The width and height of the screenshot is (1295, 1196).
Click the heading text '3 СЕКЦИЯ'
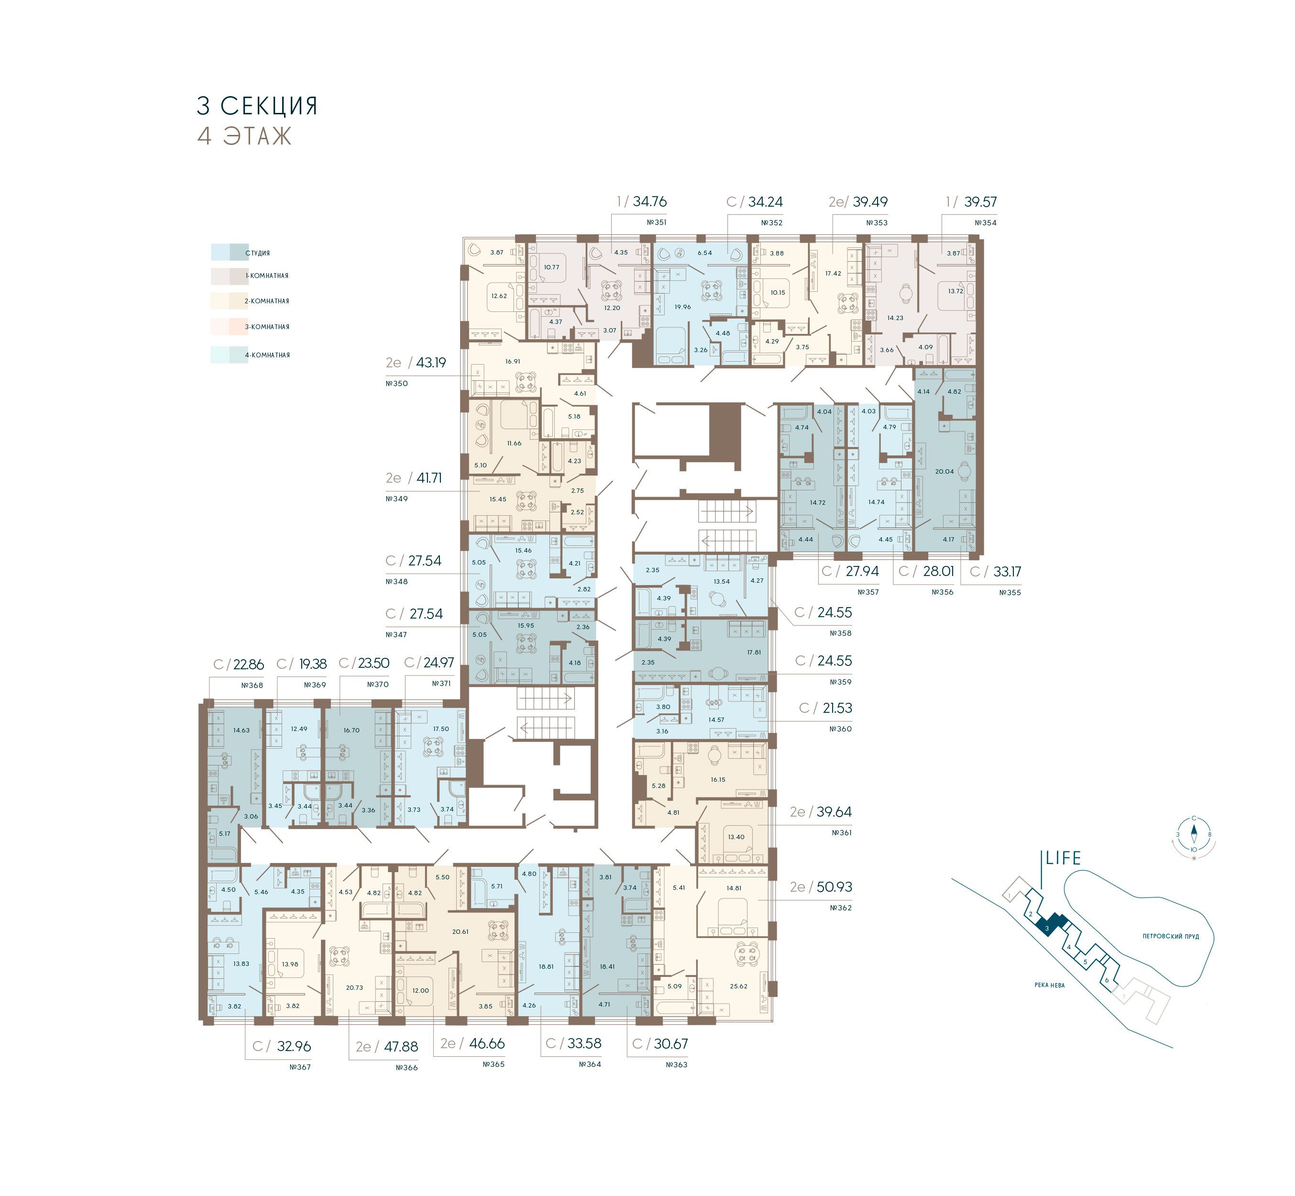(x=257, y=106)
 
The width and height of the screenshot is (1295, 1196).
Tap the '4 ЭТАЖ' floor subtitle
(x=244, y=136)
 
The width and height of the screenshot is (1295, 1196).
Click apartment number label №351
(x=657, y=222)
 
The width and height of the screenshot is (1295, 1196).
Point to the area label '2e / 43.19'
(x=415, y=363)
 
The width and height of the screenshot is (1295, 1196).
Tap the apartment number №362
(x=841, y=908)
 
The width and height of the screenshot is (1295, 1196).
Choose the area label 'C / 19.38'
(x=301, y=664)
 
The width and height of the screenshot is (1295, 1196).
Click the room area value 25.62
(x=739, y=986)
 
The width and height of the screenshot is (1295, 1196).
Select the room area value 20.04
(x=944, y=471)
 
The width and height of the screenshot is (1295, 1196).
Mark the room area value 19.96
(x=682, y=307)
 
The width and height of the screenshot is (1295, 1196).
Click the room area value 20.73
(x=354, y=987)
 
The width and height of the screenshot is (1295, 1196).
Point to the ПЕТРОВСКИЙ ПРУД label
(x=1171, y=937)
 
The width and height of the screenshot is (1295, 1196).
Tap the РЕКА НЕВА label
(x=1049, y=985)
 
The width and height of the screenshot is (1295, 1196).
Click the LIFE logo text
(x=1064, y=858)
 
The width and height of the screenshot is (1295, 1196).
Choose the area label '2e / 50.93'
(x=821, y=886)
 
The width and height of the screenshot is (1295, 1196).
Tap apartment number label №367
(x=300, y=1067)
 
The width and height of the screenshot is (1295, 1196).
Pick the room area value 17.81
(x=754, y=653)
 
